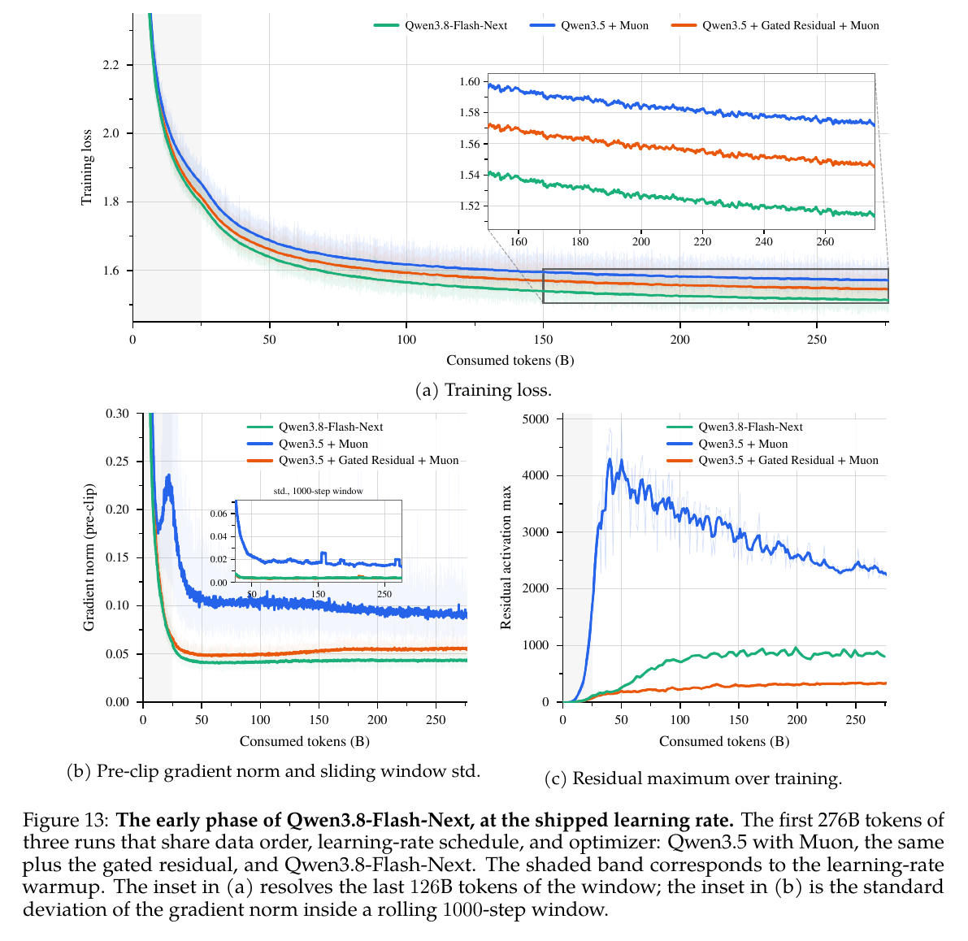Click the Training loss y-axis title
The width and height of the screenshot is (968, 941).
[86, 167]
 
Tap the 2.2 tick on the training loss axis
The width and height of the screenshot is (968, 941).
[111, 65]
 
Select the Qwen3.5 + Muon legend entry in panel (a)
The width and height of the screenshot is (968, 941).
[589, 25]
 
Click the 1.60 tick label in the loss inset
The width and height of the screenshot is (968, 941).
[469, 81]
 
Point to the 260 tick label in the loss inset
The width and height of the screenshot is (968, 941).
[825, 241]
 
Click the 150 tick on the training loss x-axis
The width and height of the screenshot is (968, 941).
[543, 340]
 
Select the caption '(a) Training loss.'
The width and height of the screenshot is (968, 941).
[484, 390]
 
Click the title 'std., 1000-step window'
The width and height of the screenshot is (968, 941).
[318, 491]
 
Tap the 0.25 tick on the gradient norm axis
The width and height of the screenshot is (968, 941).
[117, 462]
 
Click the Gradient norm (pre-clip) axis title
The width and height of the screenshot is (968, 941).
[89, 557]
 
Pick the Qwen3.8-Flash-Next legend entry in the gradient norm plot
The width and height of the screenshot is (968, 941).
[315, 427]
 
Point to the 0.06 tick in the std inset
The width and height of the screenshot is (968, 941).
[219, 514]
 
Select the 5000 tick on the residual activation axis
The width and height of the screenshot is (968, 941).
[536, 419]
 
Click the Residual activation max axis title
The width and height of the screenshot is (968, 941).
[506, 557]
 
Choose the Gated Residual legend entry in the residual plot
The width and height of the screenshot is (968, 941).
[772, 460]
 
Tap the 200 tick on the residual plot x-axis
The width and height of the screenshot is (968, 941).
[797, 720]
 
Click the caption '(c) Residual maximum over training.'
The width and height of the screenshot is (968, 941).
[693, 778]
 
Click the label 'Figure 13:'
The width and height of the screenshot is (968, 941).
[66, 820]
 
